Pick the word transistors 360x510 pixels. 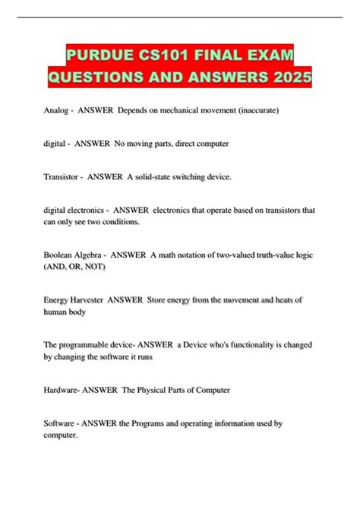(x=279, y=209)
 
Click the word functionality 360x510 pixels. (x=232, y=344)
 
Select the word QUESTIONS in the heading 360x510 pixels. (x=103, y=78)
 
